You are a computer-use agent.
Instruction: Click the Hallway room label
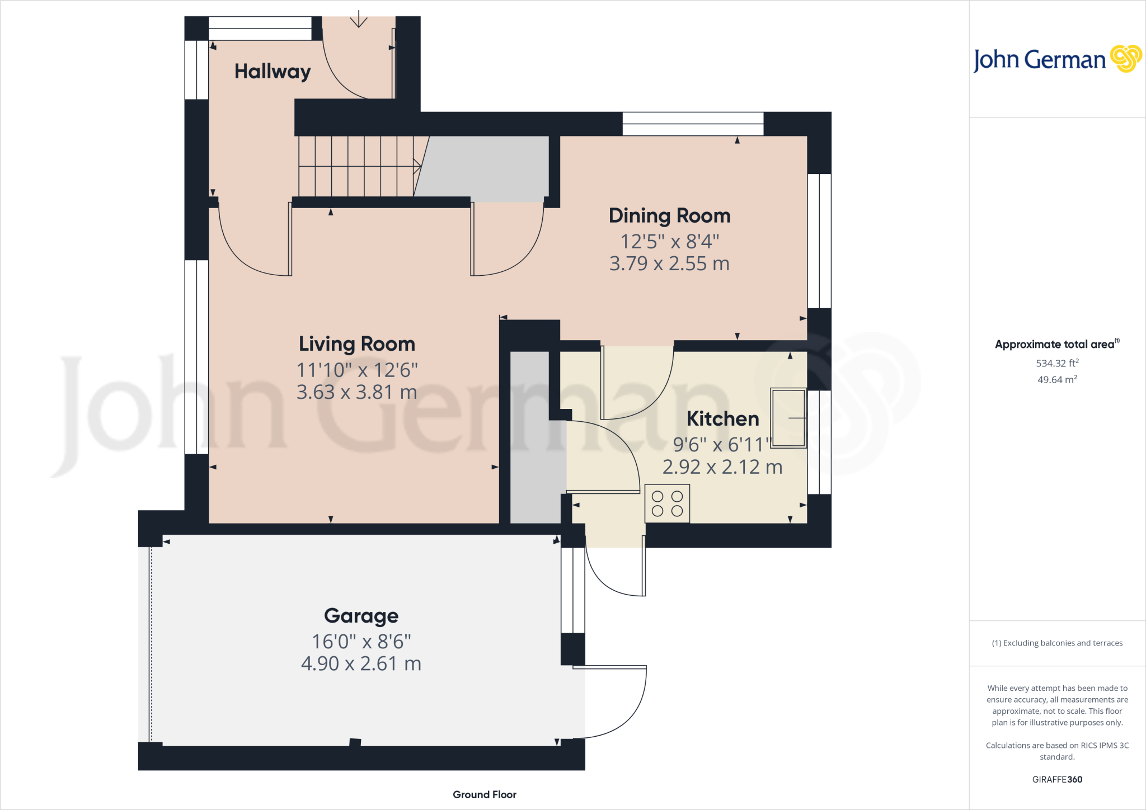[273, 72]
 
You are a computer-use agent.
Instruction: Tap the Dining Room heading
[669, 216]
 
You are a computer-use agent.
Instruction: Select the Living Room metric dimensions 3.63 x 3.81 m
[356, 392]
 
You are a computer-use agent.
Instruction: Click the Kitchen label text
[722, 419]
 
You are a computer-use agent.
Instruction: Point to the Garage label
[361, 616]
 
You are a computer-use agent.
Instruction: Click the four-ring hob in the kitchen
[667, 503]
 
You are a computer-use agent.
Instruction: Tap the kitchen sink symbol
[788, 418]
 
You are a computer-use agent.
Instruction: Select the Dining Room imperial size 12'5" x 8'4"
[669, 242]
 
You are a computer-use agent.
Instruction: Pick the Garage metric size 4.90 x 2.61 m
[361, 664]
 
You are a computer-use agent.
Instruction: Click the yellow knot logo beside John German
[1125, 59]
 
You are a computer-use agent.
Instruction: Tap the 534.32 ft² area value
[1056, 363]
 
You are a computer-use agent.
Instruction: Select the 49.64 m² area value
[1056, 379]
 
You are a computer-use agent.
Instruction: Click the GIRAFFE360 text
[1056, 779]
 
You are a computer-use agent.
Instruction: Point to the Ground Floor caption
[484, 794]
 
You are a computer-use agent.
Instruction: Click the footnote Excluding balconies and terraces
[1057, 643]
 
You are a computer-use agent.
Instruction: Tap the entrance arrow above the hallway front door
[358, 20]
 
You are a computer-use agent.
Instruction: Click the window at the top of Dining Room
[693, 124]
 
